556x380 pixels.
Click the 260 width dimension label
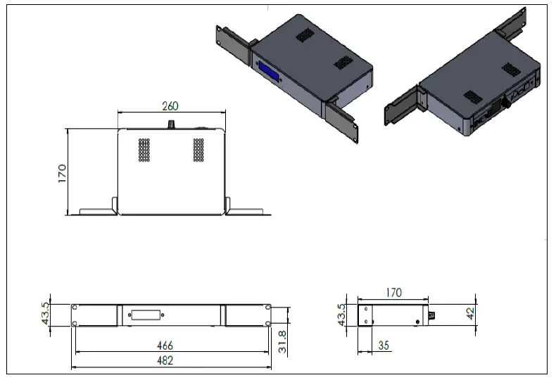tap(170, 106)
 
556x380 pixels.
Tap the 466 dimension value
tap(165, 346)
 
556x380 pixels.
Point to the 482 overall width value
tap(165, 360)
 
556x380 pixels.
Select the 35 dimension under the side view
tap(384, 346)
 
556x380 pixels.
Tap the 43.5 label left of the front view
tap(46, 315)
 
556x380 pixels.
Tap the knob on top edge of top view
tap(170, 124)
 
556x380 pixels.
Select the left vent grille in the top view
tap(144, 148)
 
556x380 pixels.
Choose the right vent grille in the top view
tap(198, 148)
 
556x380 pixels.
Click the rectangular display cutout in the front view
tap(144, 315)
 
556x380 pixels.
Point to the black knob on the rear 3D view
tap(504, 103)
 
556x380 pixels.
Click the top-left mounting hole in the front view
tap(75, 307)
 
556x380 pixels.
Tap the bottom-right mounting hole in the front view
tap(267, 323)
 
